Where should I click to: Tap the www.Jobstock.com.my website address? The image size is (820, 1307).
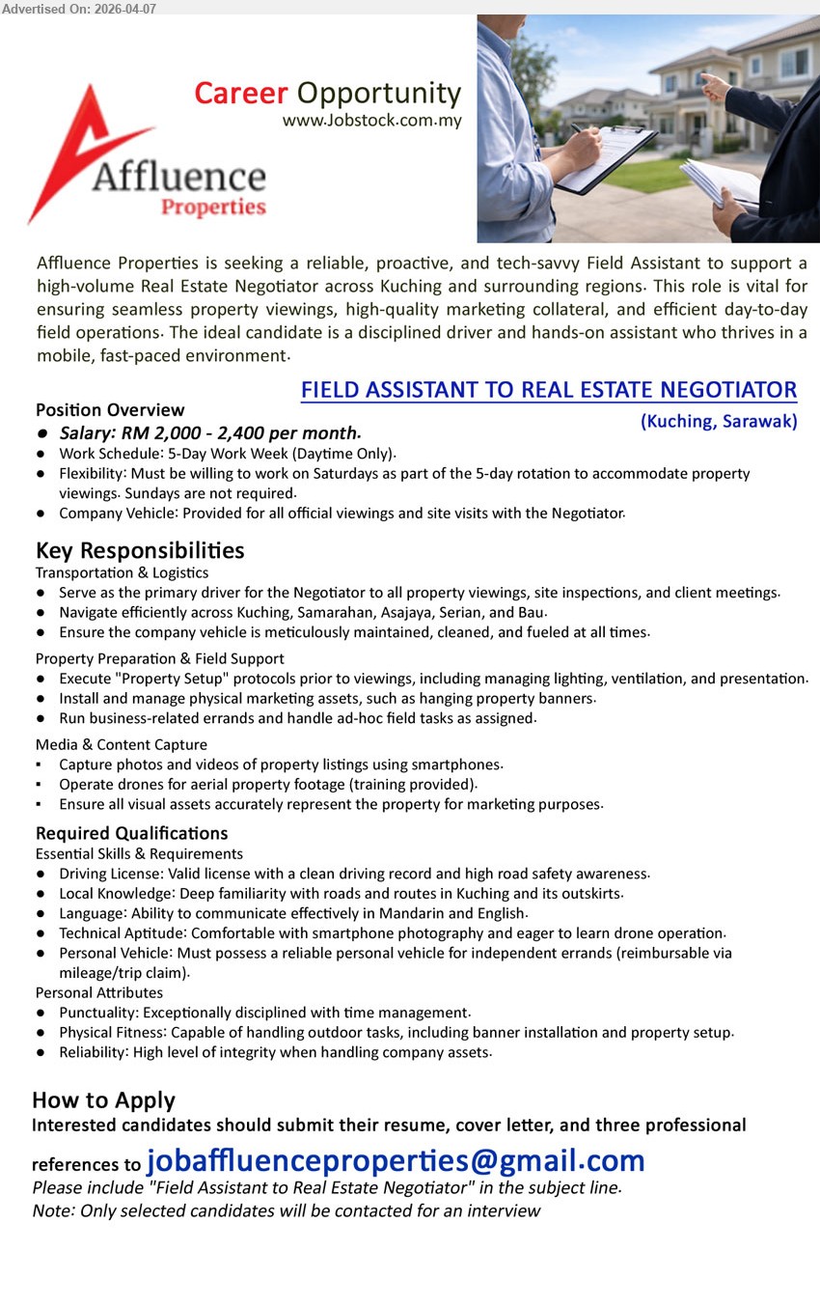pyautogui.click(x=371, y=122)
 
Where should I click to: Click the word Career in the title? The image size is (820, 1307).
pyautogui.click(x=241, y=93)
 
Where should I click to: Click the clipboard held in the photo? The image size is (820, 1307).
pyautogui.click(x=603, y=159)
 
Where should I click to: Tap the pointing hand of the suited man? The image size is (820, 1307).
pyautogui.click(x=715, y=87)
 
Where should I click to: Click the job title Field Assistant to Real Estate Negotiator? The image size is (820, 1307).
pyautogui.click(x=548, y=390)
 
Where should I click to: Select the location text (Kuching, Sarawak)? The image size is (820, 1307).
pyautogui.click(x=719, y=422)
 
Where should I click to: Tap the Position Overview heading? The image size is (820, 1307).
pyautogui.click(x=110, y=410)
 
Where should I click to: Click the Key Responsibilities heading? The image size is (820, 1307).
pyautogui.click(x=140, y=550)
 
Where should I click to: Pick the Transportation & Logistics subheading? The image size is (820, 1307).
pyautogui.click(x=122, y=572)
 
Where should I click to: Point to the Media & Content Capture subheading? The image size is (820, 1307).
pyautogui.click(x=122, y=744)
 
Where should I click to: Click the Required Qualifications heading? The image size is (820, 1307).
pyautogui.click(x=131, y=833)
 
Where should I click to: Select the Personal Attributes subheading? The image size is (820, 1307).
pyautogui.click(x=99, y=992)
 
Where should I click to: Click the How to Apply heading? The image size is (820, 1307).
pyautogui.click(x=103, y=1100)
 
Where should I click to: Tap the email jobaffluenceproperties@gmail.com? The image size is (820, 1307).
pyautogui.click(x=396, y=1160)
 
